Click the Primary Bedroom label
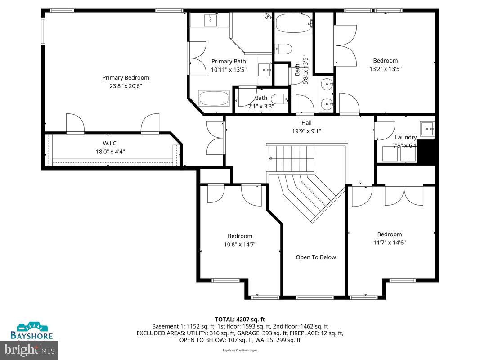pos(126,78)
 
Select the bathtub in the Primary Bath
pos(214,99)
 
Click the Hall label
pos(306,123)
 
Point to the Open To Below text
pos(315,257)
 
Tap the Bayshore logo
pos(32,331)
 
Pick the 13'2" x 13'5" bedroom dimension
pos(386,69)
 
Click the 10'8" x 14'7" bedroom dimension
pos(240,244)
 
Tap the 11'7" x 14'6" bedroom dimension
pos(390,243)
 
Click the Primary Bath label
pos(229,62)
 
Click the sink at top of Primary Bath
pos(210,20)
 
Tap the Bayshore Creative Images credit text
pos(240,350)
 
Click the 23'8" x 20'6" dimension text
pos(126,86)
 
